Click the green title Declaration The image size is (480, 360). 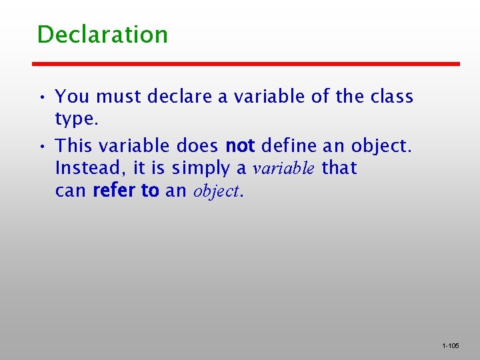tap(102, 35)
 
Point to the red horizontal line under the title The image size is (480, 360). tap(246, 64)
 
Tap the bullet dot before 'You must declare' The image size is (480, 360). tap(42, 98)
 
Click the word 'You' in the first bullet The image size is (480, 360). tap(72, 97)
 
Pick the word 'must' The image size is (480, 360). tap(119, 97)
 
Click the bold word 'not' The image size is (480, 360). tap(240, 145)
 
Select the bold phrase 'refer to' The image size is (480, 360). tap(126, 191)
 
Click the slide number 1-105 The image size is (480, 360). tap(450, 346)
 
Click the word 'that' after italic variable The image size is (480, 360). tap(339, 169)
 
